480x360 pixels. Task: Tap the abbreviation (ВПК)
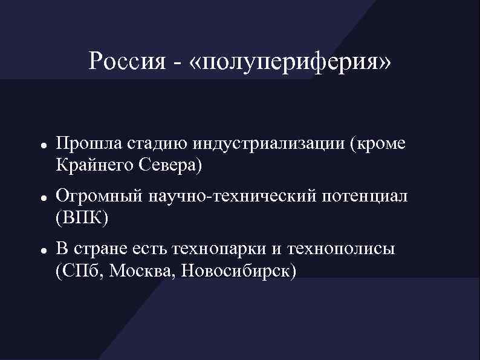82,216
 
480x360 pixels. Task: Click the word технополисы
341,249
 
